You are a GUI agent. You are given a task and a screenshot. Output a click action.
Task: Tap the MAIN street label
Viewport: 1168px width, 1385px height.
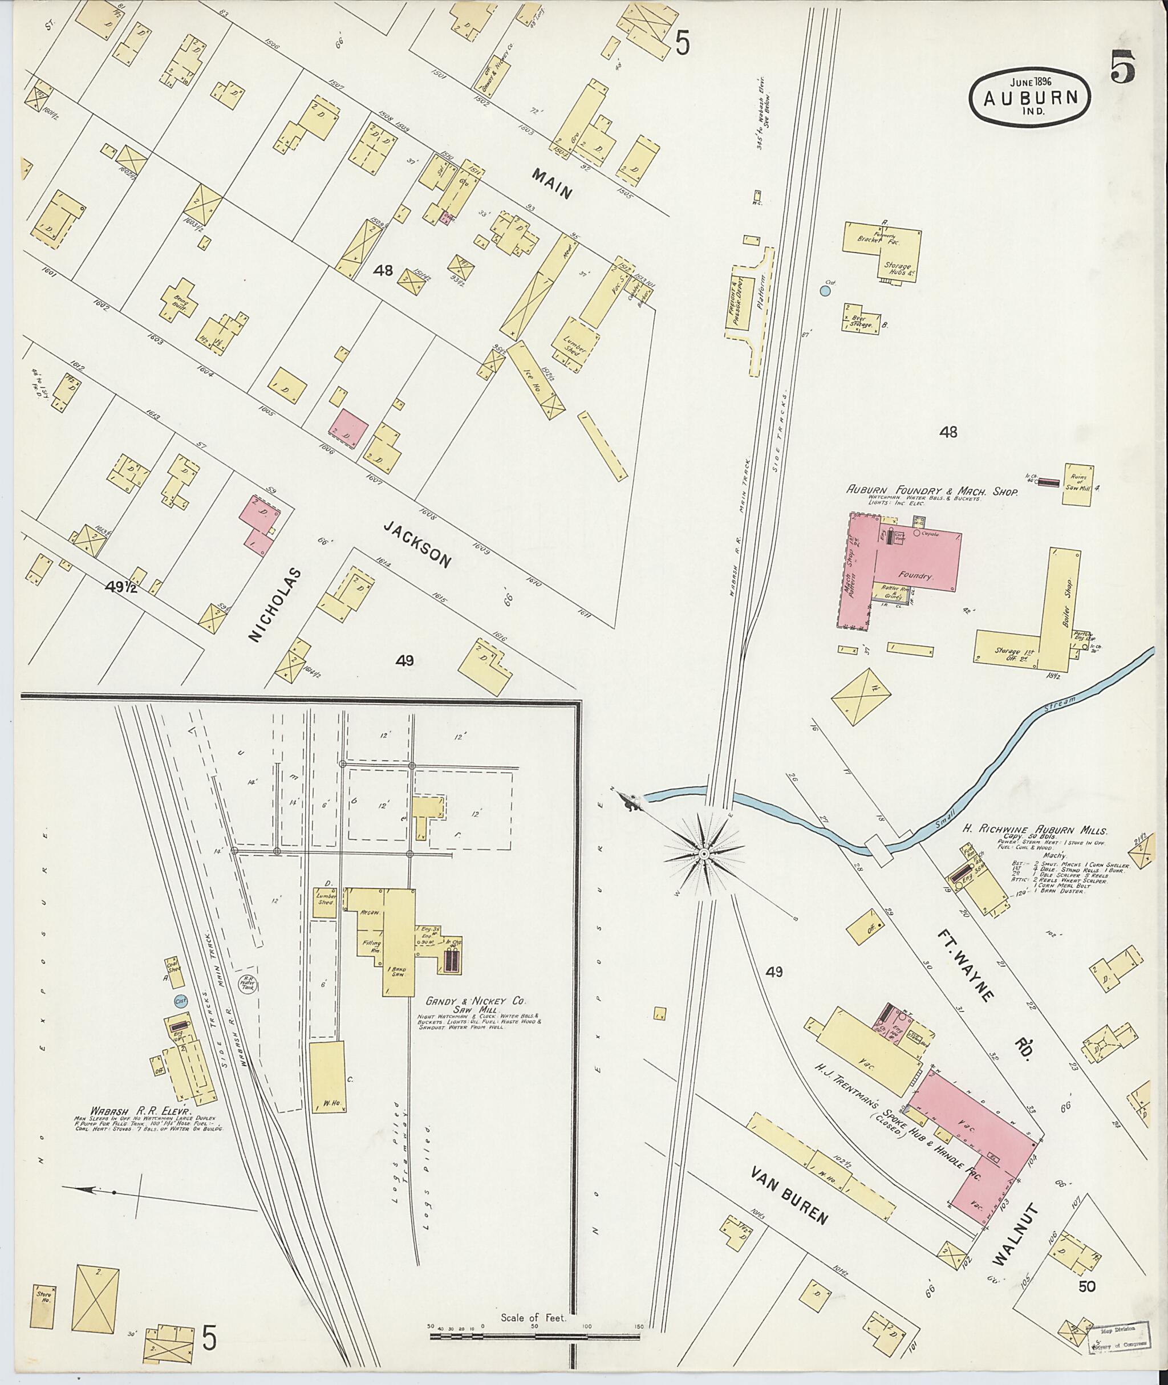click(551, 184)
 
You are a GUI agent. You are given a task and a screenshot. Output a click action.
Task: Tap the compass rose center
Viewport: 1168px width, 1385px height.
click(704, 855)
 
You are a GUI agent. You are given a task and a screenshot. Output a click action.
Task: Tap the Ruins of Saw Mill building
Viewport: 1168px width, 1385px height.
click(1078, 485)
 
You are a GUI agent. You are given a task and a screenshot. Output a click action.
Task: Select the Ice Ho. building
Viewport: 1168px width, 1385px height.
click(537, 379)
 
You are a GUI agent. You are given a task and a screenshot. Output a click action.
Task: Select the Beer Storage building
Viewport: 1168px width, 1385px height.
click(861, 317)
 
